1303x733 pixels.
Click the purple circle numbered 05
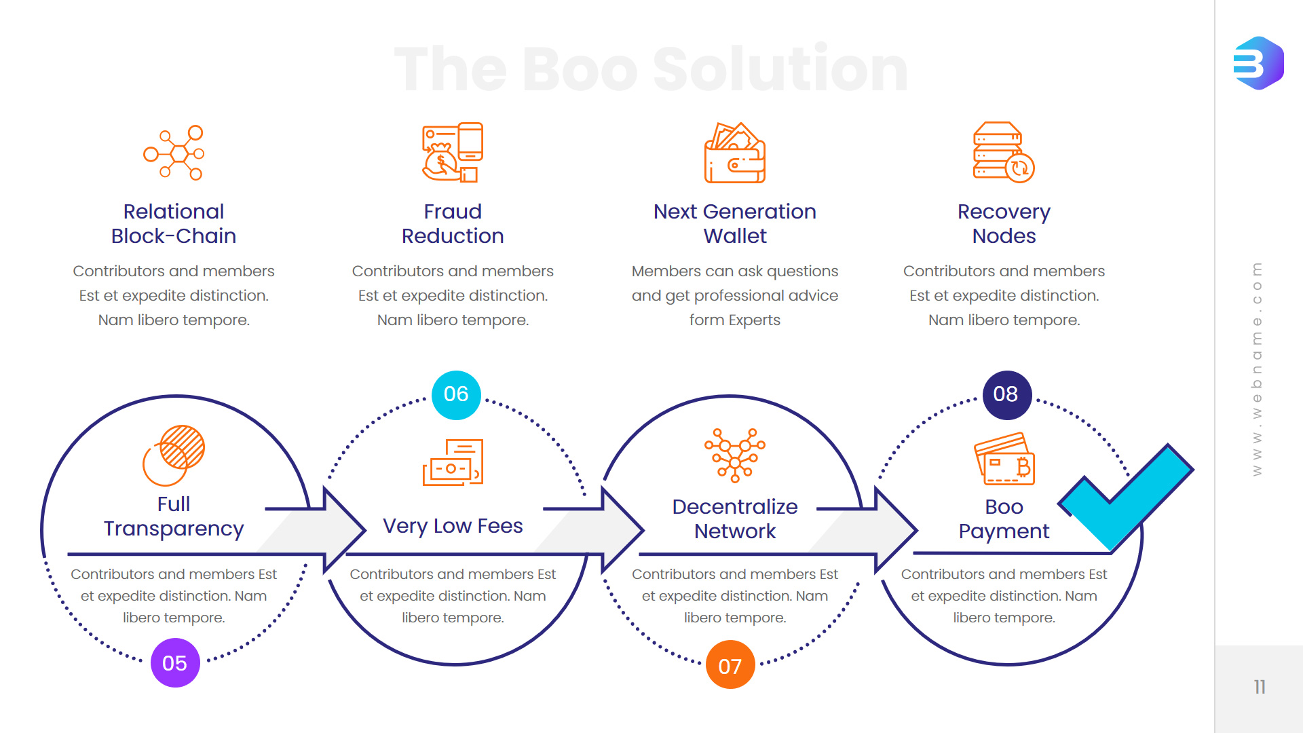175,663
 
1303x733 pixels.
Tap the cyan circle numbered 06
456,394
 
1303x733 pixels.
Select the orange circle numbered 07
730,665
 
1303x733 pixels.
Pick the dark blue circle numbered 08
1006,394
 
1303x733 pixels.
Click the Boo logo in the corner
1258,63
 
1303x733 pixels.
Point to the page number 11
1260,687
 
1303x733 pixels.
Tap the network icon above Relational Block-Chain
174,153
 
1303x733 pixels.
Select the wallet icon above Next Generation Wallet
735,153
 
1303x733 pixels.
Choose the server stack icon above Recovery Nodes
1004,153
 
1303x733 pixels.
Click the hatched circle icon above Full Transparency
174,455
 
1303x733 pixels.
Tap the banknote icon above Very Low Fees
453,462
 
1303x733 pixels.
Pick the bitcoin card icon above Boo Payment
1004,459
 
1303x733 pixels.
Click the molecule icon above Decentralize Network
735,455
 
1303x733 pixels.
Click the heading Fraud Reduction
453,224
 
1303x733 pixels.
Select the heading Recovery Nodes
1004,224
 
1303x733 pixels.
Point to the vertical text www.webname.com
1257,369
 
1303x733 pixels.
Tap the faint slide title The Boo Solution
651,69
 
